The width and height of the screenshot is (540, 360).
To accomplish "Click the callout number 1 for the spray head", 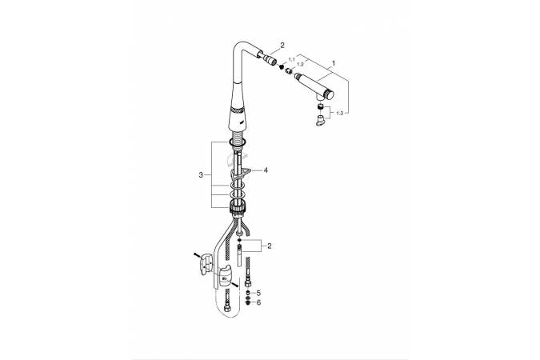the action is pyautogui.click(x=333, y=63).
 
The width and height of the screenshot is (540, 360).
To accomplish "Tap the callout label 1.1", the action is pyautogui.click(x=292, y=59).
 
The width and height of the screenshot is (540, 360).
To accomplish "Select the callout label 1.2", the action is pyautogui.click(x=300, y=65).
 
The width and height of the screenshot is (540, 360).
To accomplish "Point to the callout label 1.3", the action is pyautogui.click(x=339, y=114).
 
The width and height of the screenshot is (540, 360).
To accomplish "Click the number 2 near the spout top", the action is pyautogui.click(x=282, y=45).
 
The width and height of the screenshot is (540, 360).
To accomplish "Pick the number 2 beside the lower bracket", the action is pyautogui.click(x=270, y=246).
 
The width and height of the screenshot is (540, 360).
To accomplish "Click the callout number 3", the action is pyautogui.click(x=201, y=175).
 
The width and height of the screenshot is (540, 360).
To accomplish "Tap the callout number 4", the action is pyautogui.click(x=266, y=170).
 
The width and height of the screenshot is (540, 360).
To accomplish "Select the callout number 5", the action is pyautogui.click(x=258, y=293).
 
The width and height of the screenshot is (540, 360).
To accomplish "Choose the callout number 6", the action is pyautogui.click(x=258, y=302).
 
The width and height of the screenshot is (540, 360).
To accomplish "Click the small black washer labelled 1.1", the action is pyautogui.click(x=282, y=66).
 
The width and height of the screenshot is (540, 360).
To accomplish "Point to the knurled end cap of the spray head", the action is pyautogui.click(x=330, y=94).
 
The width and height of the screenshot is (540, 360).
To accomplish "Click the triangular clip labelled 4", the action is pyautogui.click(x=242, y=173).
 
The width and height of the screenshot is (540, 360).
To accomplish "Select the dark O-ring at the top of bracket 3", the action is pyautogui.click(x=236, y=142).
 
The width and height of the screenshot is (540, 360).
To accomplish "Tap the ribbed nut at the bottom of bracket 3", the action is pyautogui.click(x=237, y=206).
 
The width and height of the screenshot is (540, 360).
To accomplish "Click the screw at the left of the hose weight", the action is pyautogui.click(x=197, y=256).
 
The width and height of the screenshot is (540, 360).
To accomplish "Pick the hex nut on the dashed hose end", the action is pyautogui.click(x=227, y=307).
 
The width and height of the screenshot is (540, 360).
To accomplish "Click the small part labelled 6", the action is pyautogui.click(x=248, y=303).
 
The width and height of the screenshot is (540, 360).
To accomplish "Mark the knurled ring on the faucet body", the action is pyautogui.click(x=238, y=110).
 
